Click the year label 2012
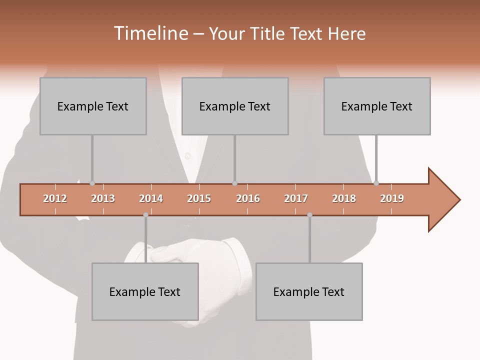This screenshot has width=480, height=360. click(x=55, y=198)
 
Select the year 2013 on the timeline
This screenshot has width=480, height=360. click(x=103, y=198)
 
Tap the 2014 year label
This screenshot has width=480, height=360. click(x=151, y=198)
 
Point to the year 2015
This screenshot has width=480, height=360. click(x=199, y=198)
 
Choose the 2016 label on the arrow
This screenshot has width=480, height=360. click(x=248, y=198)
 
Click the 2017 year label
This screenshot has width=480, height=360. click(x=296, y=198)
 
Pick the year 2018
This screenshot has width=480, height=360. click(x=344, y=198)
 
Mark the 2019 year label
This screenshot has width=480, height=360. click(x=392, y=198)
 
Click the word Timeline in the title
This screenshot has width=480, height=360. click(x=150, y=33)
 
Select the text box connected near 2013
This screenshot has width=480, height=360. click(x=93, y=106)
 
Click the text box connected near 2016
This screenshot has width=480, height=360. click(x=235, y=106)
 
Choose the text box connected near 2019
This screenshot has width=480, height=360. click(x=377, y=106)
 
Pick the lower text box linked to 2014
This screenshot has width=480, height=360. click(x=145, y=291)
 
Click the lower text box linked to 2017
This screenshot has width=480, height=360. click(x=309, y=291)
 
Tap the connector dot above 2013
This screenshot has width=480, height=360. click(x=92, y=183)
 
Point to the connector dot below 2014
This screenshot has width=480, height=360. click(x=145, y=215)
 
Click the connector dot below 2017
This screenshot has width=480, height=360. click(x=309, y=215)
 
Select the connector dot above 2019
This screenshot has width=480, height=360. click(x=376, y=183)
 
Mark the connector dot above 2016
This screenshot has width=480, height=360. click(x=234, y=183)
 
